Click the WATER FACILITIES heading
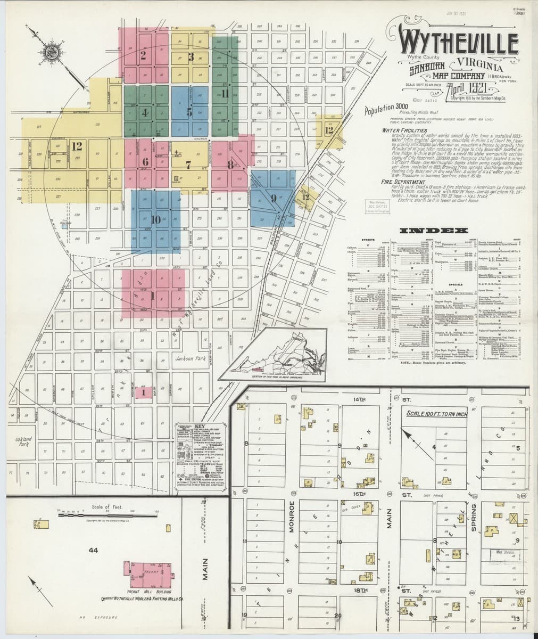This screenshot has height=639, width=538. pos(404,130)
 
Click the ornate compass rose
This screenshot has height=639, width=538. pos(51,52)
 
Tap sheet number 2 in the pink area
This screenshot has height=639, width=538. pos(143,54)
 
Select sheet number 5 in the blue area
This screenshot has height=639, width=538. pos(189,112)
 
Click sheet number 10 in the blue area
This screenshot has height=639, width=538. pos(155,219)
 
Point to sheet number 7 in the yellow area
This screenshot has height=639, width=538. pos(188,165)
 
